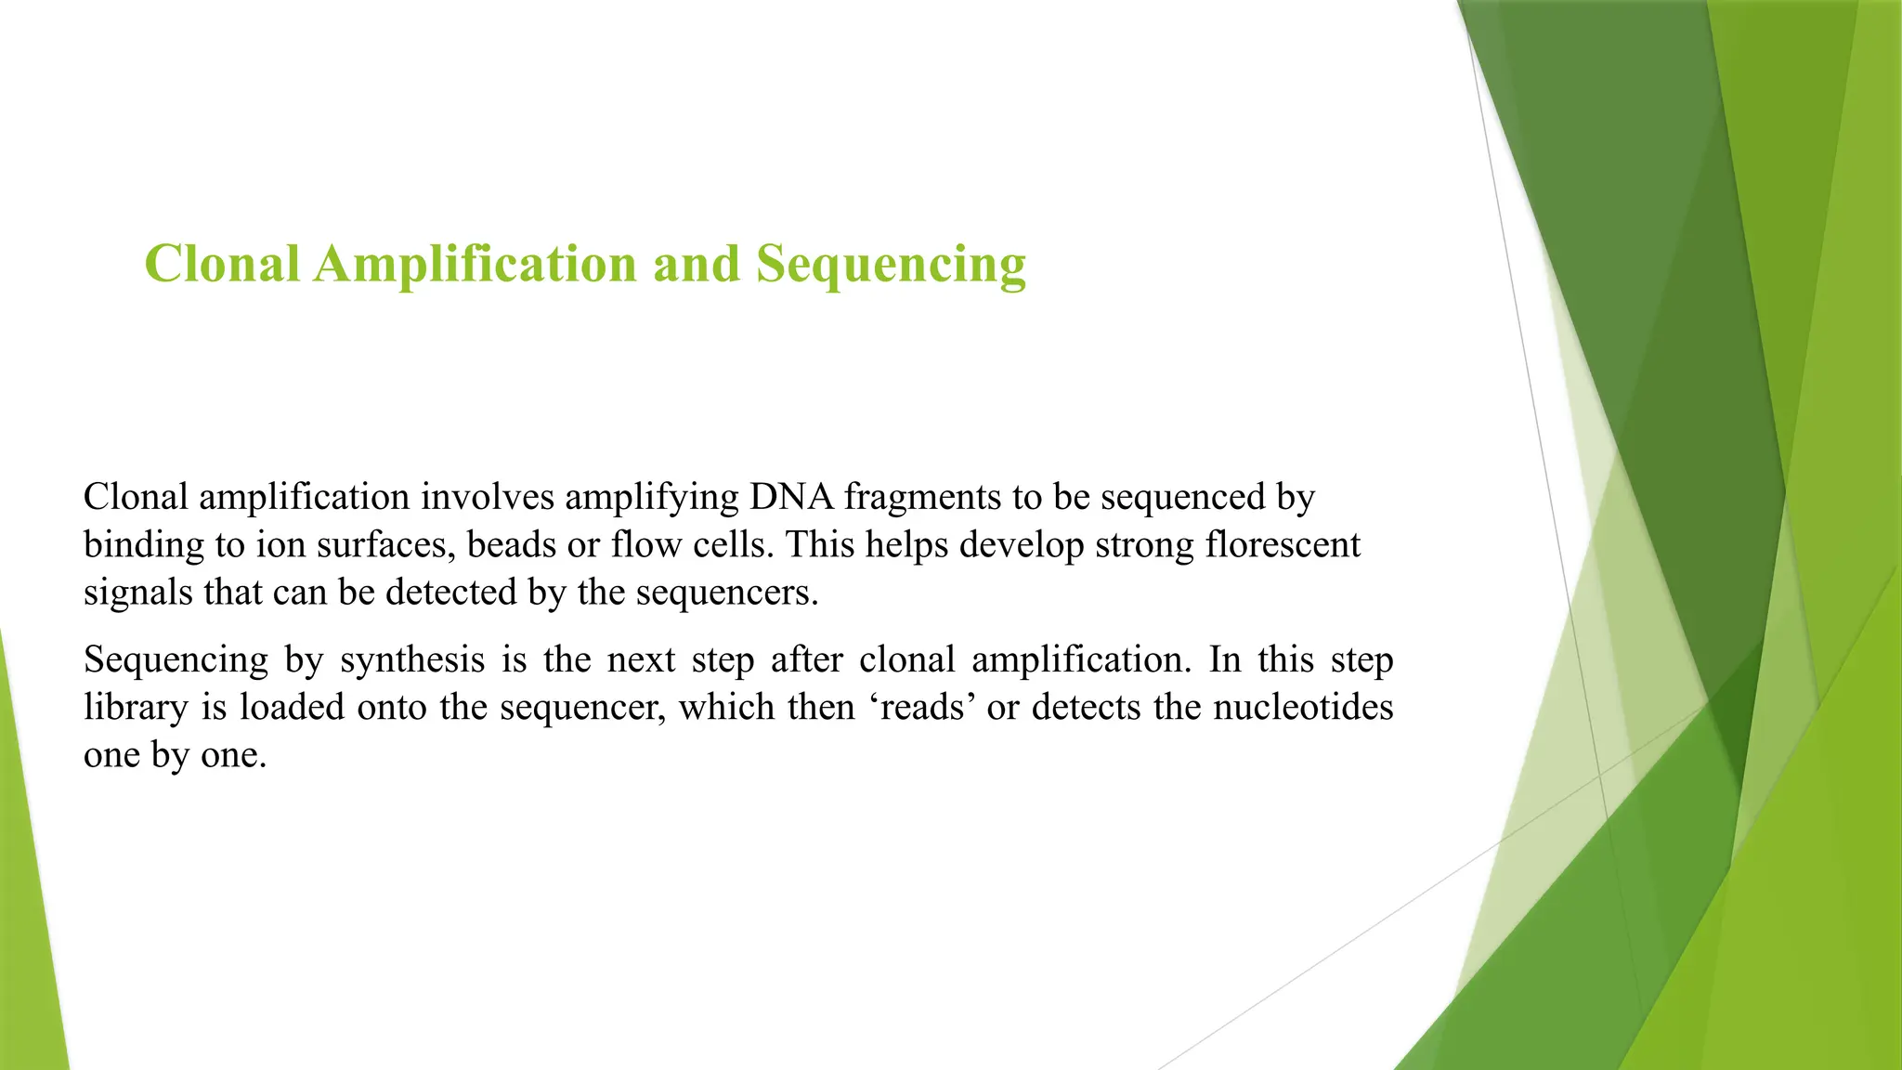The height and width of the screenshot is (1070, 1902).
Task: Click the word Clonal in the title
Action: click(222, 264)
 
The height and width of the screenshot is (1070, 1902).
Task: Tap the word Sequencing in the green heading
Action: click(891, 264)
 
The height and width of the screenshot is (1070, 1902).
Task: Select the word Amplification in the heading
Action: click(475, 264)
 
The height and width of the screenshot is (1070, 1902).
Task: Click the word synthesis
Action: click(412, 659)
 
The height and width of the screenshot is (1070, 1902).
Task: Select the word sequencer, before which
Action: click(583, 707)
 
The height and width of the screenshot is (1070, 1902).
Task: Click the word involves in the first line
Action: click(488, 497)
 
